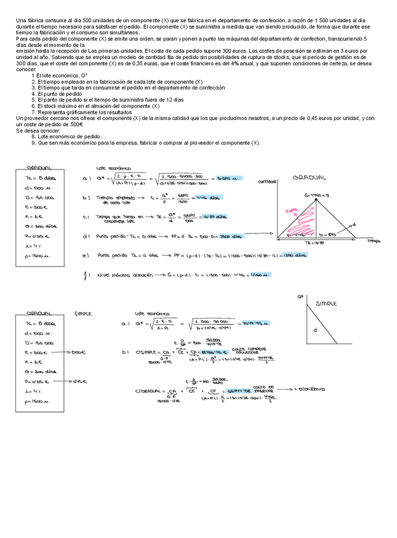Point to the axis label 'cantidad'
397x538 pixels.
coord(266,181)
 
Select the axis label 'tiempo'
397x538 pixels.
coord(373,241)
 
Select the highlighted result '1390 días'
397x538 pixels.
coord(294,256)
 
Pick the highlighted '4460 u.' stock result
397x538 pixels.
coord(259,275)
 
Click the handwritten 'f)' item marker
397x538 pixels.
coord(86,275)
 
